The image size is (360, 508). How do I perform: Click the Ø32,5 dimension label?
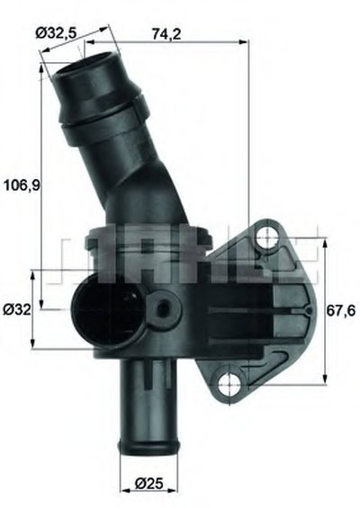point(56,33)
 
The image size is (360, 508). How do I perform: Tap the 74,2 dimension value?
point(166,33)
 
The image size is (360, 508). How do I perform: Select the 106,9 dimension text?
point(22,185)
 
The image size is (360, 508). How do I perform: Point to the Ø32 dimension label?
point(17,309)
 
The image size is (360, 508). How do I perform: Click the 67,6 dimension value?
point(341,311)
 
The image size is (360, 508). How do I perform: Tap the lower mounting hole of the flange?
point(229,385)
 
